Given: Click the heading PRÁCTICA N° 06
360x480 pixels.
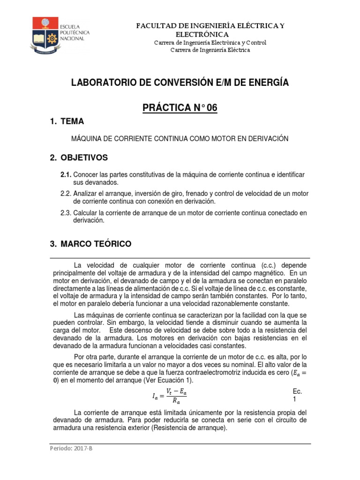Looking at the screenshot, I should pyautogui.click(x=180, y=108).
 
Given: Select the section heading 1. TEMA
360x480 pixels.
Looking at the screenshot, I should pyautogui.click(x=67, y=122).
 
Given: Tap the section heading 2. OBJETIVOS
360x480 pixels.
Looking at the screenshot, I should pyautogui.click(x=79, y=157).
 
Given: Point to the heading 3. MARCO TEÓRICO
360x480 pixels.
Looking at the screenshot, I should pyautogui.click(x=90, y=244).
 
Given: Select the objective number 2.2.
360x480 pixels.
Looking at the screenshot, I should pyautogui.click(x=65, y=194).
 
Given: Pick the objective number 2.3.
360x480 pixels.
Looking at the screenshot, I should pyautogui.click(x=65, y=213).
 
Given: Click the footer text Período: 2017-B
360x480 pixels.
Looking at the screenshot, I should pyautogui.click(x=72, y=448).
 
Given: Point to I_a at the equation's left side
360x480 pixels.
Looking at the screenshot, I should pyautogui.click(x=155, y=397).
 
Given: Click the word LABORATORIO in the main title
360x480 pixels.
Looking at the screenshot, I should pyautogui.click(x=100, y=83).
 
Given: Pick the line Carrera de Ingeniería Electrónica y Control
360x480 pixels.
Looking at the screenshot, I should pyautogui.click(x=210, y=43).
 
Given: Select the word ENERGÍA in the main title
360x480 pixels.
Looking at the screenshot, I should pyautogui.click(x=268, y=83).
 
